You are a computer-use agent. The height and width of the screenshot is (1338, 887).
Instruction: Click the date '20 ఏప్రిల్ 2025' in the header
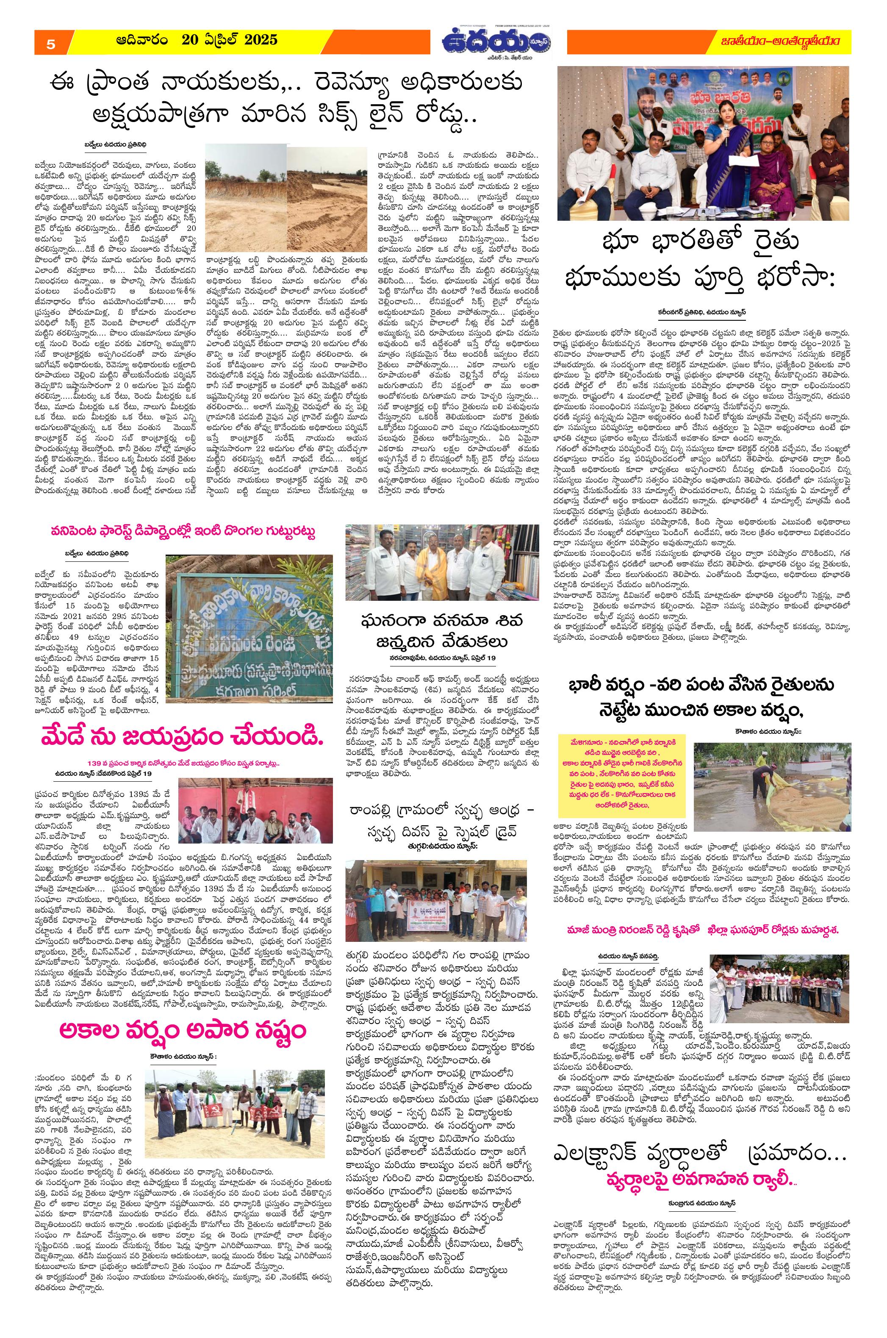(229, 39)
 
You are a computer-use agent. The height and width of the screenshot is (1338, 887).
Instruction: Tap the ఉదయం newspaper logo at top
(497, 42)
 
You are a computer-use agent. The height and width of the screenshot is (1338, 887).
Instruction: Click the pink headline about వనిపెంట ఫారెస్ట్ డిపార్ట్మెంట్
(182, 532)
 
